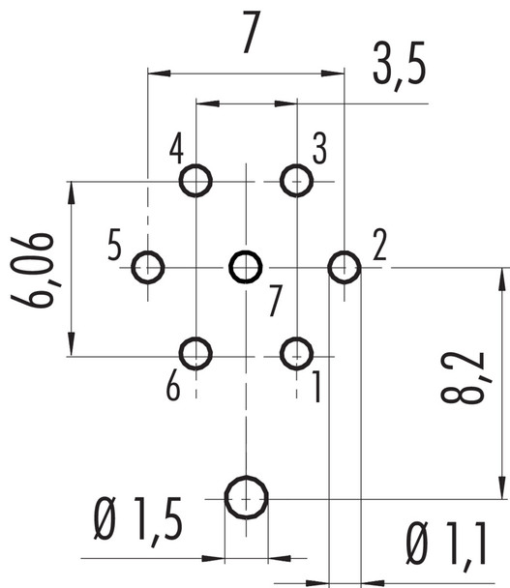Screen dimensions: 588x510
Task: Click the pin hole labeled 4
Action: click(x=196, y=180)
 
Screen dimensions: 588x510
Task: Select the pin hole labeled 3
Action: click(x=296, y=180)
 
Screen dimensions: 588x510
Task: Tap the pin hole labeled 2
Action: click(x=345, y=266)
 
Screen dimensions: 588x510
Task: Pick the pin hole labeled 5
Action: click(x=148, y=266)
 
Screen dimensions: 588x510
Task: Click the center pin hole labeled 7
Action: click(x=246, y=266)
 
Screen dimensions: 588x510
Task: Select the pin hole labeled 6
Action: click(x=196, y=353)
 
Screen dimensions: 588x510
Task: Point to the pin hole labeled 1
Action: click(x=296, y=353)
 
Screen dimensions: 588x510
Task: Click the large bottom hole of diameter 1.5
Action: click(x=247, y=498)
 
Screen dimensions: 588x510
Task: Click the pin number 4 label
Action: click(x=176, y=151)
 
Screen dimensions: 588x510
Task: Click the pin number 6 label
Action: click(x=173, y=387)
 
